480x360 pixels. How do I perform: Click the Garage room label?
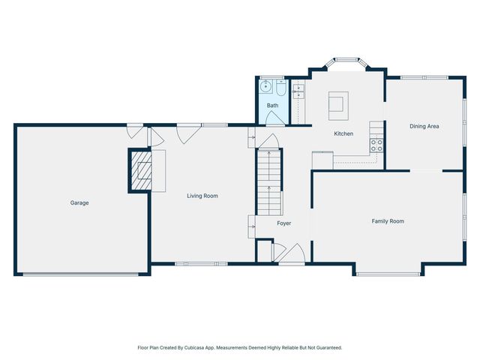79,202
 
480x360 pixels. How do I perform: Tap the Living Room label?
202,196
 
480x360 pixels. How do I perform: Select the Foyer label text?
283,223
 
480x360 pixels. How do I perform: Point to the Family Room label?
388,221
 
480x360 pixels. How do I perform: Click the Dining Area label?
424,126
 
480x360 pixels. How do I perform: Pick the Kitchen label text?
343,133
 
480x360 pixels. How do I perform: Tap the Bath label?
272,106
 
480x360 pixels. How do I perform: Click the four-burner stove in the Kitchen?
376,145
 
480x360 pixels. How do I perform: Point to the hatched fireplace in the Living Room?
140,171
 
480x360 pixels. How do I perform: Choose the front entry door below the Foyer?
290,255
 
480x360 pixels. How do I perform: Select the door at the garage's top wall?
133,131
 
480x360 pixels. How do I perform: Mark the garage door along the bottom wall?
80,274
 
